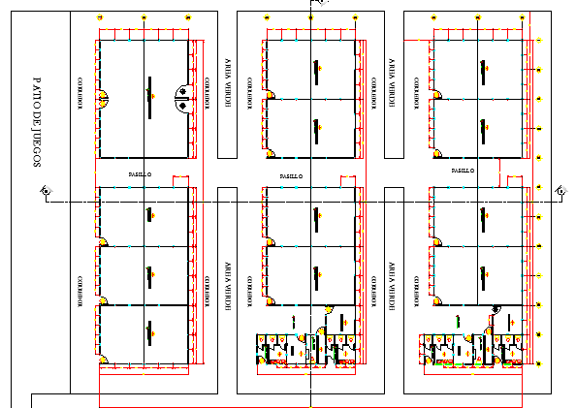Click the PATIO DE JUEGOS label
tap(37, 123)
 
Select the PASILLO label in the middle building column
tap(290, 175)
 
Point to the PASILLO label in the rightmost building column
tap(464, 170)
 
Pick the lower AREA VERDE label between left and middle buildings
tap(229, 282)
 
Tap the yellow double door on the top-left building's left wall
tap(102, 96)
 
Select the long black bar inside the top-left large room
tap(148, 95)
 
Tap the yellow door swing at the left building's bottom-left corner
tap(102, 361)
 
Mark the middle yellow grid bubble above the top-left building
tap(143, 17)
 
